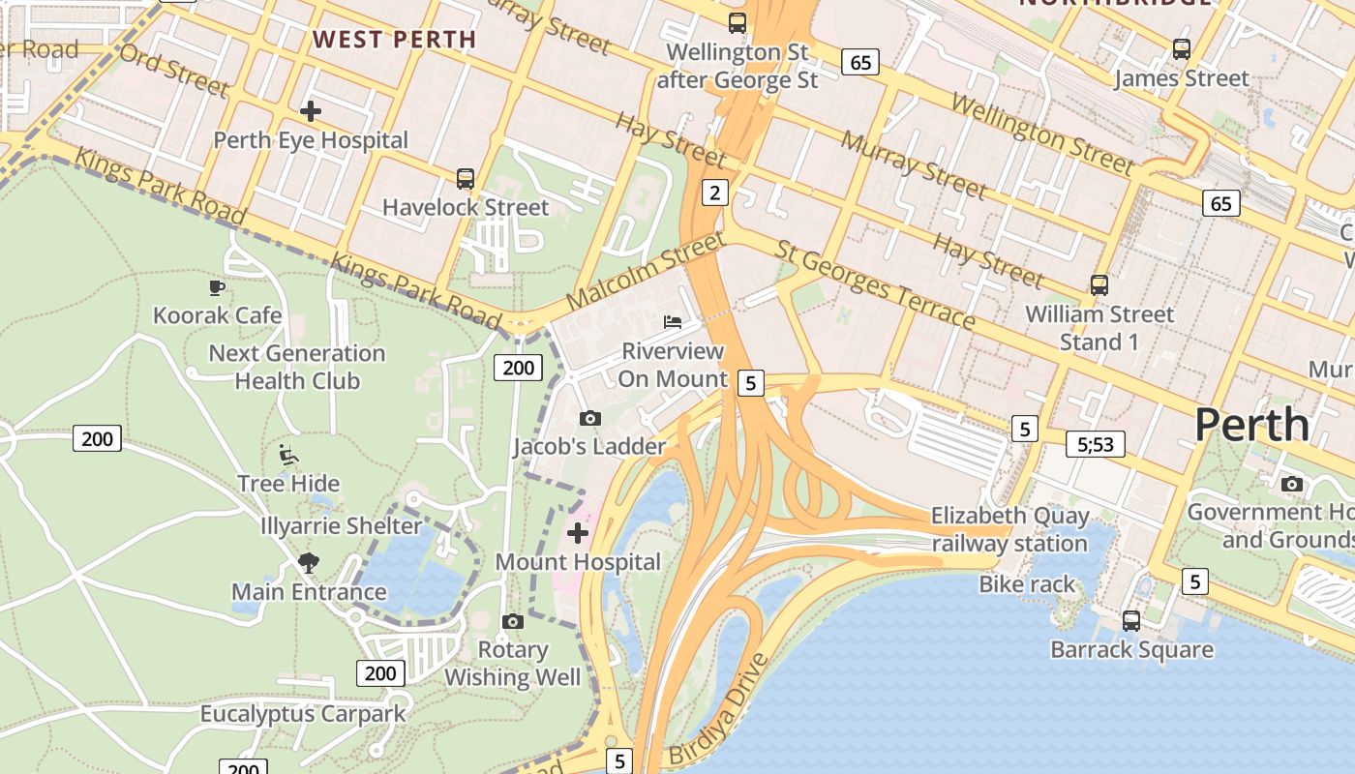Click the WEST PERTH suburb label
point(395,40)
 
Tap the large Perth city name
point(1251,425)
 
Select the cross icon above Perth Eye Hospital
point(310,111)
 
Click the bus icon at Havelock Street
point(466,178)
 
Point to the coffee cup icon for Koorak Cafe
point(217,287)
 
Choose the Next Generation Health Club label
point(297,367)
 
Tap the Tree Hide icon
point(288,454)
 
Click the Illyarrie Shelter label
point(341,526)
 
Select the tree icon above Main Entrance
point(309,562)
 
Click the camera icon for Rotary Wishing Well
point(513,621)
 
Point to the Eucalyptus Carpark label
point(303,714)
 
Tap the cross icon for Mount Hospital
point(578,533)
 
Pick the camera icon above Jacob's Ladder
point(589,418)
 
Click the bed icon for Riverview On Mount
point(673,321)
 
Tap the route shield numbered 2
point(714,193)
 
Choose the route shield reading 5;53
point(1095,444)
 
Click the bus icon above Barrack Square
point(1130,620)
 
